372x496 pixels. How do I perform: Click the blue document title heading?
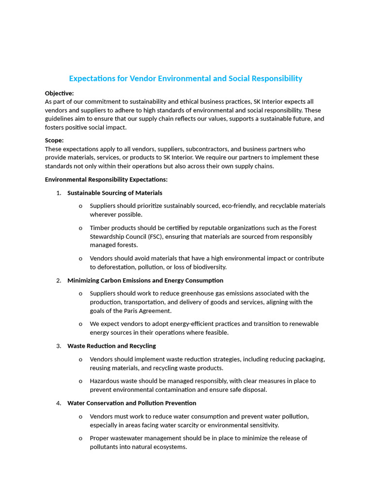coord(186,78)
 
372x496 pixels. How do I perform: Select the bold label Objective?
coord(59,93)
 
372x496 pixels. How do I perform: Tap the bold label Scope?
coord(54,140)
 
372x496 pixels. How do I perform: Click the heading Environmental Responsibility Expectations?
coord(106,180)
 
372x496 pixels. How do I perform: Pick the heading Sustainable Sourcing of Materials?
coord(115,193)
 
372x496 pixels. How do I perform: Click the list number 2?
coord(59,280)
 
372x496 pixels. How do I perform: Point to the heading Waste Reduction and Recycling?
coord(111,346)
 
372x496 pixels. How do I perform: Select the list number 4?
coord(59,403)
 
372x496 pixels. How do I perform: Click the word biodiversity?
coord(209,267)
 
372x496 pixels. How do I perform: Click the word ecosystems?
coord(168,447)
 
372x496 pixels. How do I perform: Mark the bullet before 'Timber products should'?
coord(80,228)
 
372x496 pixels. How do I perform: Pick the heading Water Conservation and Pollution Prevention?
coord(132,403)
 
